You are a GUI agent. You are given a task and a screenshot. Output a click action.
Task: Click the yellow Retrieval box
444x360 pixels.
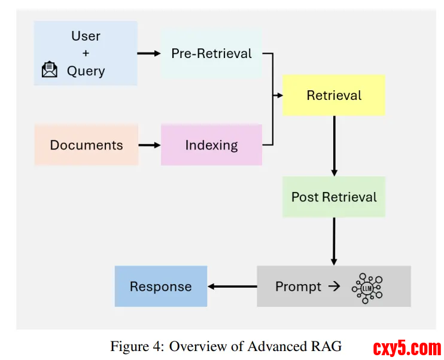pos(333,95)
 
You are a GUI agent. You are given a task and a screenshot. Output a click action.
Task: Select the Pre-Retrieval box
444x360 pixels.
pos(211,53)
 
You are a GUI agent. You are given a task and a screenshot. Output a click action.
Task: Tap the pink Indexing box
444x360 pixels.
pos(211,145)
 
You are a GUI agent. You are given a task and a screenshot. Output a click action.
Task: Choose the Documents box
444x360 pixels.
pos(86,145)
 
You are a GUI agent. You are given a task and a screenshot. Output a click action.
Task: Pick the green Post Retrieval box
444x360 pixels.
pos(333,197)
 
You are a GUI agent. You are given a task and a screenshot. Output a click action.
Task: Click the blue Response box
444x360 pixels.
pos(160,286)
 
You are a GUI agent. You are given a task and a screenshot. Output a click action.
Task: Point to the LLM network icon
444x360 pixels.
pos(367,287)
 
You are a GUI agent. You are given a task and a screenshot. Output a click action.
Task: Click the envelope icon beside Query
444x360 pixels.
pos(50,71)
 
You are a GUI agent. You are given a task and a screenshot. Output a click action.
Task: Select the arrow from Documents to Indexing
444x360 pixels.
pos(150,145)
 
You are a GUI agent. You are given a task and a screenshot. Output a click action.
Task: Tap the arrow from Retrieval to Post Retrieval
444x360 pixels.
pos(334,144)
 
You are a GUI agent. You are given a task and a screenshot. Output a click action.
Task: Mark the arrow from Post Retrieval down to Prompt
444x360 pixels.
pos(334,240)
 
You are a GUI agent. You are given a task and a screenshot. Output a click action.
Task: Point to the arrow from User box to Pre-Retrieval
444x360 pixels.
pos(149,53)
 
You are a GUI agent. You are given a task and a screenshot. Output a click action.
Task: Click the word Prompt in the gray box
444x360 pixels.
pos(298,286)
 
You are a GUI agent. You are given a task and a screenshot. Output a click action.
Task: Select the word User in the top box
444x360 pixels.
pos(86,36)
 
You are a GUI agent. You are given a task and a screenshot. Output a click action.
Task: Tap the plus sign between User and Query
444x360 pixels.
pos(86,53)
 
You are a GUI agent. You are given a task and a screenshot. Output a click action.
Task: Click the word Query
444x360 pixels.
pos(86,71)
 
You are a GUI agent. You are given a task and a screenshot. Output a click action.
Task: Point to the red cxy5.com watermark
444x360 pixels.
pos(407,347)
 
